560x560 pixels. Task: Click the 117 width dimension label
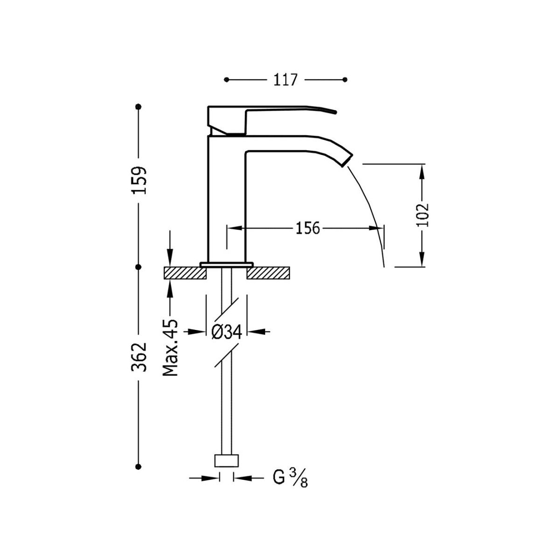pyautogui.click(x=286, y=80)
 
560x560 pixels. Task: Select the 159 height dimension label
pyautogui.click(x=139, y=180)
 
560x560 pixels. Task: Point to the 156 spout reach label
pyautogui.click(x=308, y=228)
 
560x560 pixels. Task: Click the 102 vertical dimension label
pyautogui.click(x=422, y=215)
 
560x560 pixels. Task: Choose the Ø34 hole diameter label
pyautogui.click(x=226, y=332)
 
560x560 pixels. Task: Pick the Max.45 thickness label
pyautogui.click(x=170, y=348)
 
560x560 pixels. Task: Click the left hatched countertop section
pyautogui.click(x=185, y=273)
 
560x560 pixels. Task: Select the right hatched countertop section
pyautogui.click(x=268, y=273)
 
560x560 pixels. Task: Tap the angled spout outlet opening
pyautogui.click(x=347, y=161)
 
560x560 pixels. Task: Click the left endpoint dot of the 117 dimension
pyautogui.click(x=227, y=80)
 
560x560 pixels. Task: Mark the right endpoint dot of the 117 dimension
pyautogui.click(x=345, y=80)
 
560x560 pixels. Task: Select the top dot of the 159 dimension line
pyautogui.click(x=139, y=107)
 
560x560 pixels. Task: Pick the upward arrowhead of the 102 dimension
pyautogui.click(x=422, y=173)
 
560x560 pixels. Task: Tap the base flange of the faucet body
pyautogui.click(x=226, y=264)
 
